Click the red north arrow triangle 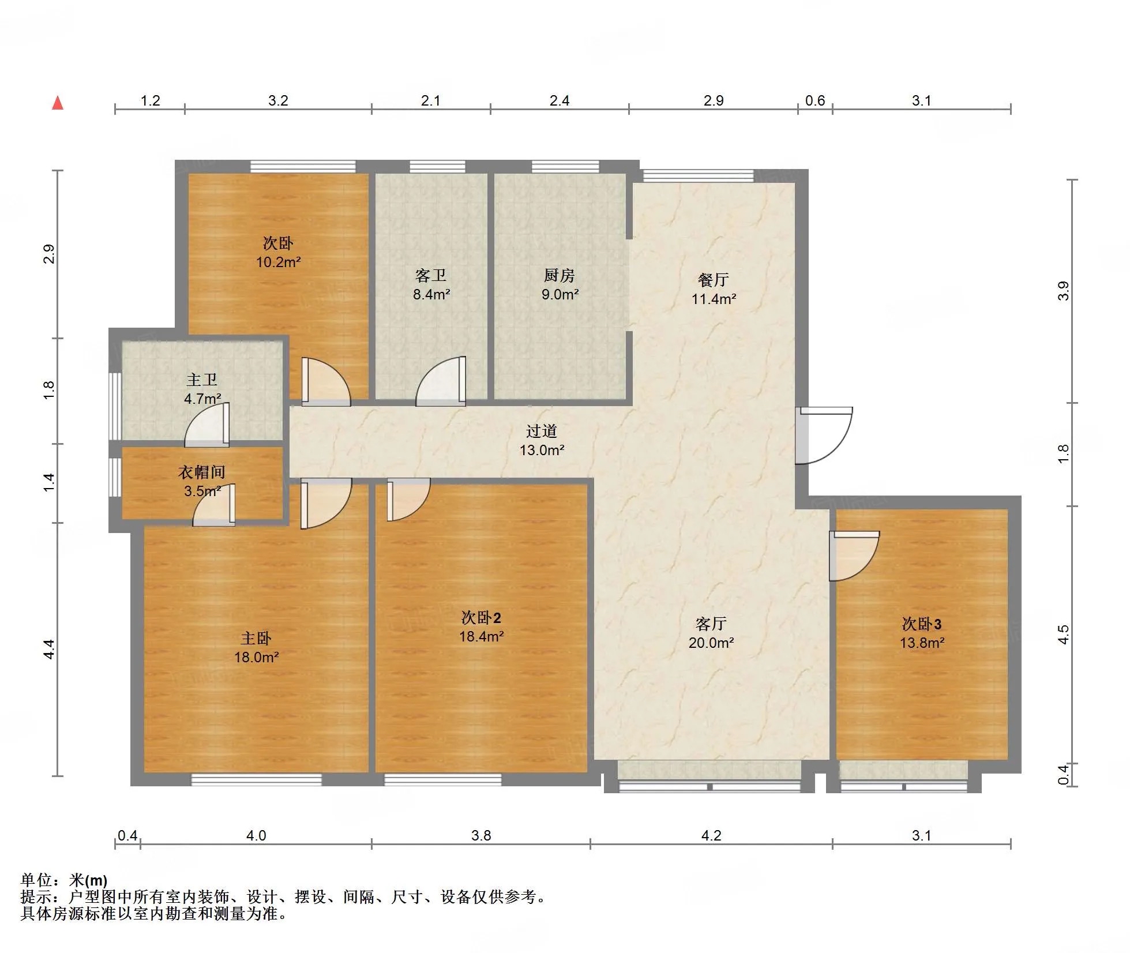58,103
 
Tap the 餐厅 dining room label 714,280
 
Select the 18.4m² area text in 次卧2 482,636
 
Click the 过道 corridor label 542,431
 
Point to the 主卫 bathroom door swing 207,425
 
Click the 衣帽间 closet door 214,505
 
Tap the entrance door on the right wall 824,436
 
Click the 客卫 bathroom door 441,381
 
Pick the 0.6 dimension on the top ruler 815,101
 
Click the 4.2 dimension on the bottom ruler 711,835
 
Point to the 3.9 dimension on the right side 1064,291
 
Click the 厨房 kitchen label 560,276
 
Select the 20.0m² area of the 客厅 711,643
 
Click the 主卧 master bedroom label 256,638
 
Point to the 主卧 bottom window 257,780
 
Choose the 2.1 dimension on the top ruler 431,101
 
